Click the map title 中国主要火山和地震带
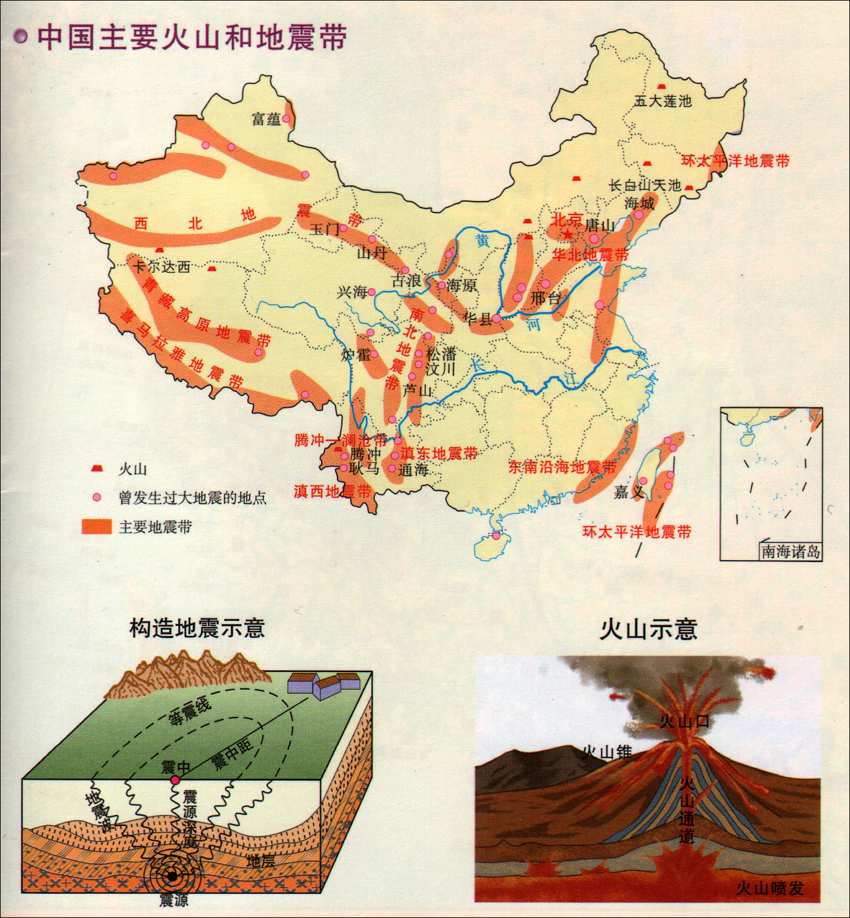point(191,37)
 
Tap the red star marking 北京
point(568,234)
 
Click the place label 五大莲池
point(663,101)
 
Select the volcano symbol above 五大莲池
point(662,86)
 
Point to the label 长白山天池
point(645,185)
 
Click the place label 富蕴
point(266,119)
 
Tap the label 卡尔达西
point(162,266)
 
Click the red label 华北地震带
point(591,255)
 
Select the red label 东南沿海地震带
point(562,467)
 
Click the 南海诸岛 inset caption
point(791,551)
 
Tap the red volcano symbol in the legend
point(97,468)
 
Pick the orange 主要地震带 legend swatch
point(97,527)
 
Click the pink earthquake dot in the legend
point(97,498)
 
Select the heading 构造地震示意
point(197,628)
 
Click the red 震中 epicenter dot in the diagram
point(176,780)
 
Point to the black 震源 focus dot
point(172,876)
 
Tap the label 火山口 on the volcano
point(684,721)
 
